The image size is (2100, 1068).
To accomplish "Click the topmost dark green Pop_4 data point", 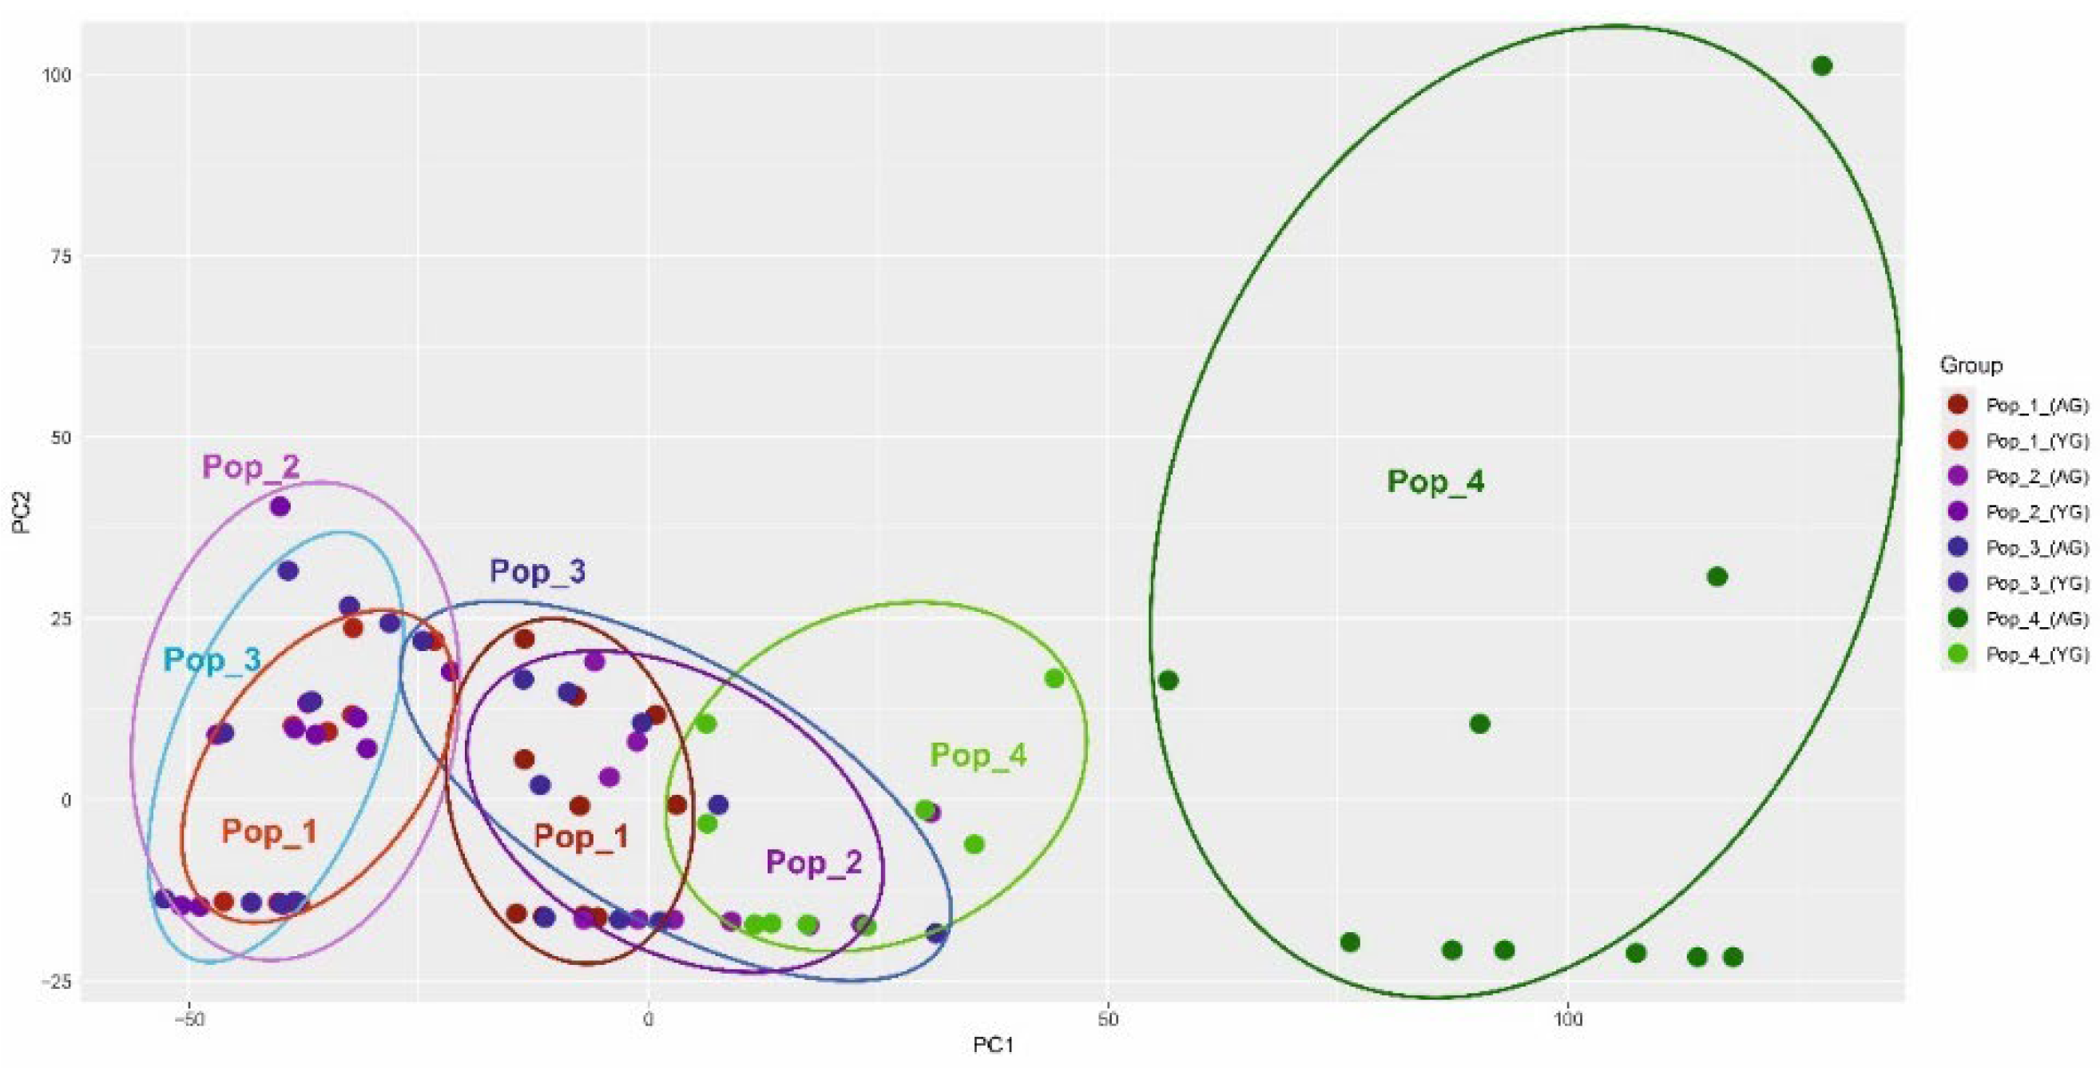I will coord(1822,66).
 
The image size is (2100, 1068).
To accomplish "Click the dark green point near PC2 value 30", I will coord(1717,578).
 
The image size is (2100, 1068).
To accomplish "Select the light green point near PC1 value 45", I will coord(1054,678).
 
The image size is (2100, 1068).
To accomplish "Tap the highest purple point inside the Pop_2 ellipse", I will coord(280,506).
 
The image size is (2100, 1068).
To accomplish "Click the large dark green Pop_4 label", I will coord(1435,482).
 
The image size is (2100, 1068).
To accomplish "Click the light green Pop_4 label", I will coord(979,755).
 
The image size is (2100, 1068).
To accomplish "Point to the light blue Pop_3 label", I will coord(212,660).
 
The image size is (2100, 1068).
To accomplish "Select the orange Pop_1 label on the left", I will coord(269,832).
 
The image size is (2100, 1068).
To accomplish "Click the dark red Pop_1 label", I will coord(582,836).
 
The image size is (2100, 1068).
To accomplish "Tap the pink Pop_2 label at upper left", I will coord(251,467).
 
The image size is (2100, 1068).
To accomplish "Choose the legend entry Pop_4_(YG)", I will coord(2036,655).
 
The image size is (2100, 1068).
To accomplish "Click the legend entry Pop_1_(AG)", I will coord(2036,405).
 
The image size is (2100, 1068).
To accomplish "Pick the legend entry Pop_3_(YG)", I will coord(2036,583).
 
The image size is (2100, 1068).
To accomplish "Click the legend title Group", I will coord(1971,365).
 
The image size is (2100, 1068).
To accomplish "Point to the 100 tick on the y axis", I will coord(57,75).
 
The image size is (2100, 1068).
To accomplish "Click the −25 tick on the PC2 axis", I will coord(55,982).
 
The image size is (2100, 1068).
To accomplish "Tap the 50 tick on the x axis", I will coord(1107,1019).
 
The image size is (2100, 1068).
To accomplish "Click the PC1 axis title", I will coord(993,1045).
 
